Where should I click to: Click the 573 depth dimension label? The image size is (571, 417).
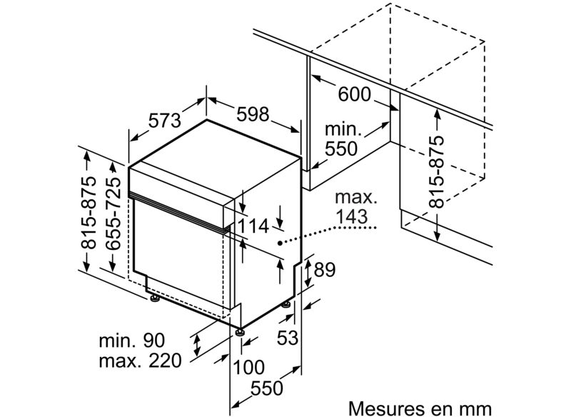click(x=165, y=121)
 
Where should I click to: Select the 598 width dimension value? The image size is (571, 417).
click(x=253, y=114)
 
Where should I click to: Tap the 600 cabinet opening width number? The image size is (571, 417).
click(x=354, y=94)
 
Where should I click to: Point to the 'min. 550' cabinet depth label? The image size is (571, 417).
click(x=341, y=139)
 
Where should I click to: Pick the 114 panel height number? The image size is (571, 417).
click(x=253, y=226)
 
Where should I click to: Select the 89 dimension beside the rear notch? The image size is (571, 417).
click(x=325, y=270)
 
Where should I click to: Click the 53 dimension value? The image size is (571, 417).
click(x=288, y=338)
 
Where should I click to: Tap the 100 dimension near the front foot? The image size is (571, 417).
click(x=248, y=367)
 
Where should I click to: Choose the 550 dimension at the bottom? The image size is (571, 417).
click(x=267, y=388)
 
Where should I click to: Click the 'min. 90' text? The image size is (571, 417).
click(x=132, y=341)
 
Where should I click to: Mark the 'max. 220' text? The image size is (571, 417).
click(x=140, y=361)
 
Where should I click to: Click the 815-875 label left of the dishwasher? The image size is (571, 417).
click(x=89, y=213)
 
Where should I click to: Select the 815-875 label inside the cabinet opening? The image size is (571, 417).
click(x=437, y=172)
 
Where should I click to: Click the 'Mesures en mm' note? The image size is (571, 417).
click(x=420, y=408)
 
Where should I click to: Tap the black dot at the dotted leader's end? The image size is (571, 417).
click(x=280, y=243)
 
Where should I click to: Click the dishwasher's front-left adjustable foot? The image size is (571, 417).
click(x=156, y=298)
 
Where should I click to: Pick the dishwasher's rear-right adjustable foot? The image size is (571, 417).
click(x=286, y=303)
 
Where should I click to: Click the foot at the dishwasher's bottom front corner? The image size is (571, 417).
click(x=240, y=332)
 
